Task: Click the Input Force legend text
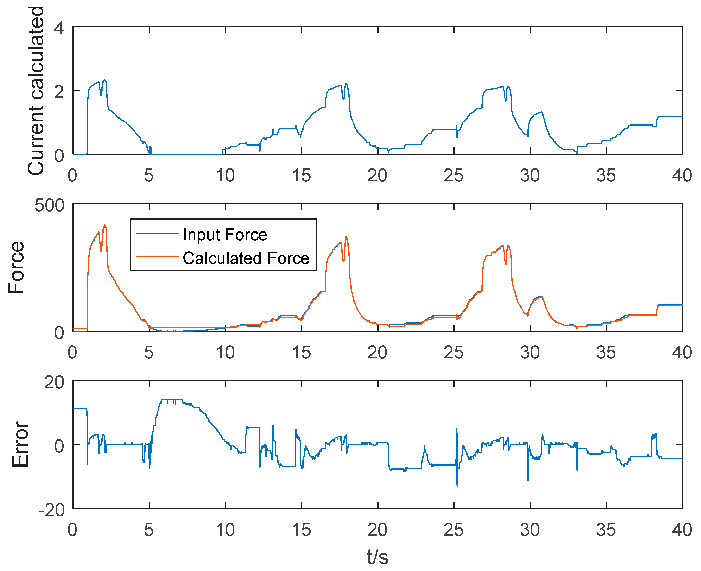click(225, 235)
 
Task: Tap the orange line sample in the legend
click(157, 257)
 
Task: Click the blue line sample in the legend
click(157, 233)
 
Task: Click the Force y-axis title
click(16, 267)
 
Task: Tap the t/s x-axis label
click(378, 557)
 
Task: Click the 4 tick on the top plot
click(59, 28)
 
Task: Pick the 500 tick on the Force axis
click(50, 206)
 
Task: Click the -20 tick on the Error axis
click(51, 510)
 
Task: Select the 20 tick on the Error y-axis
click(54, 383)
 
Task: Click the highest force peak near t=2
click(105, 226)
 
